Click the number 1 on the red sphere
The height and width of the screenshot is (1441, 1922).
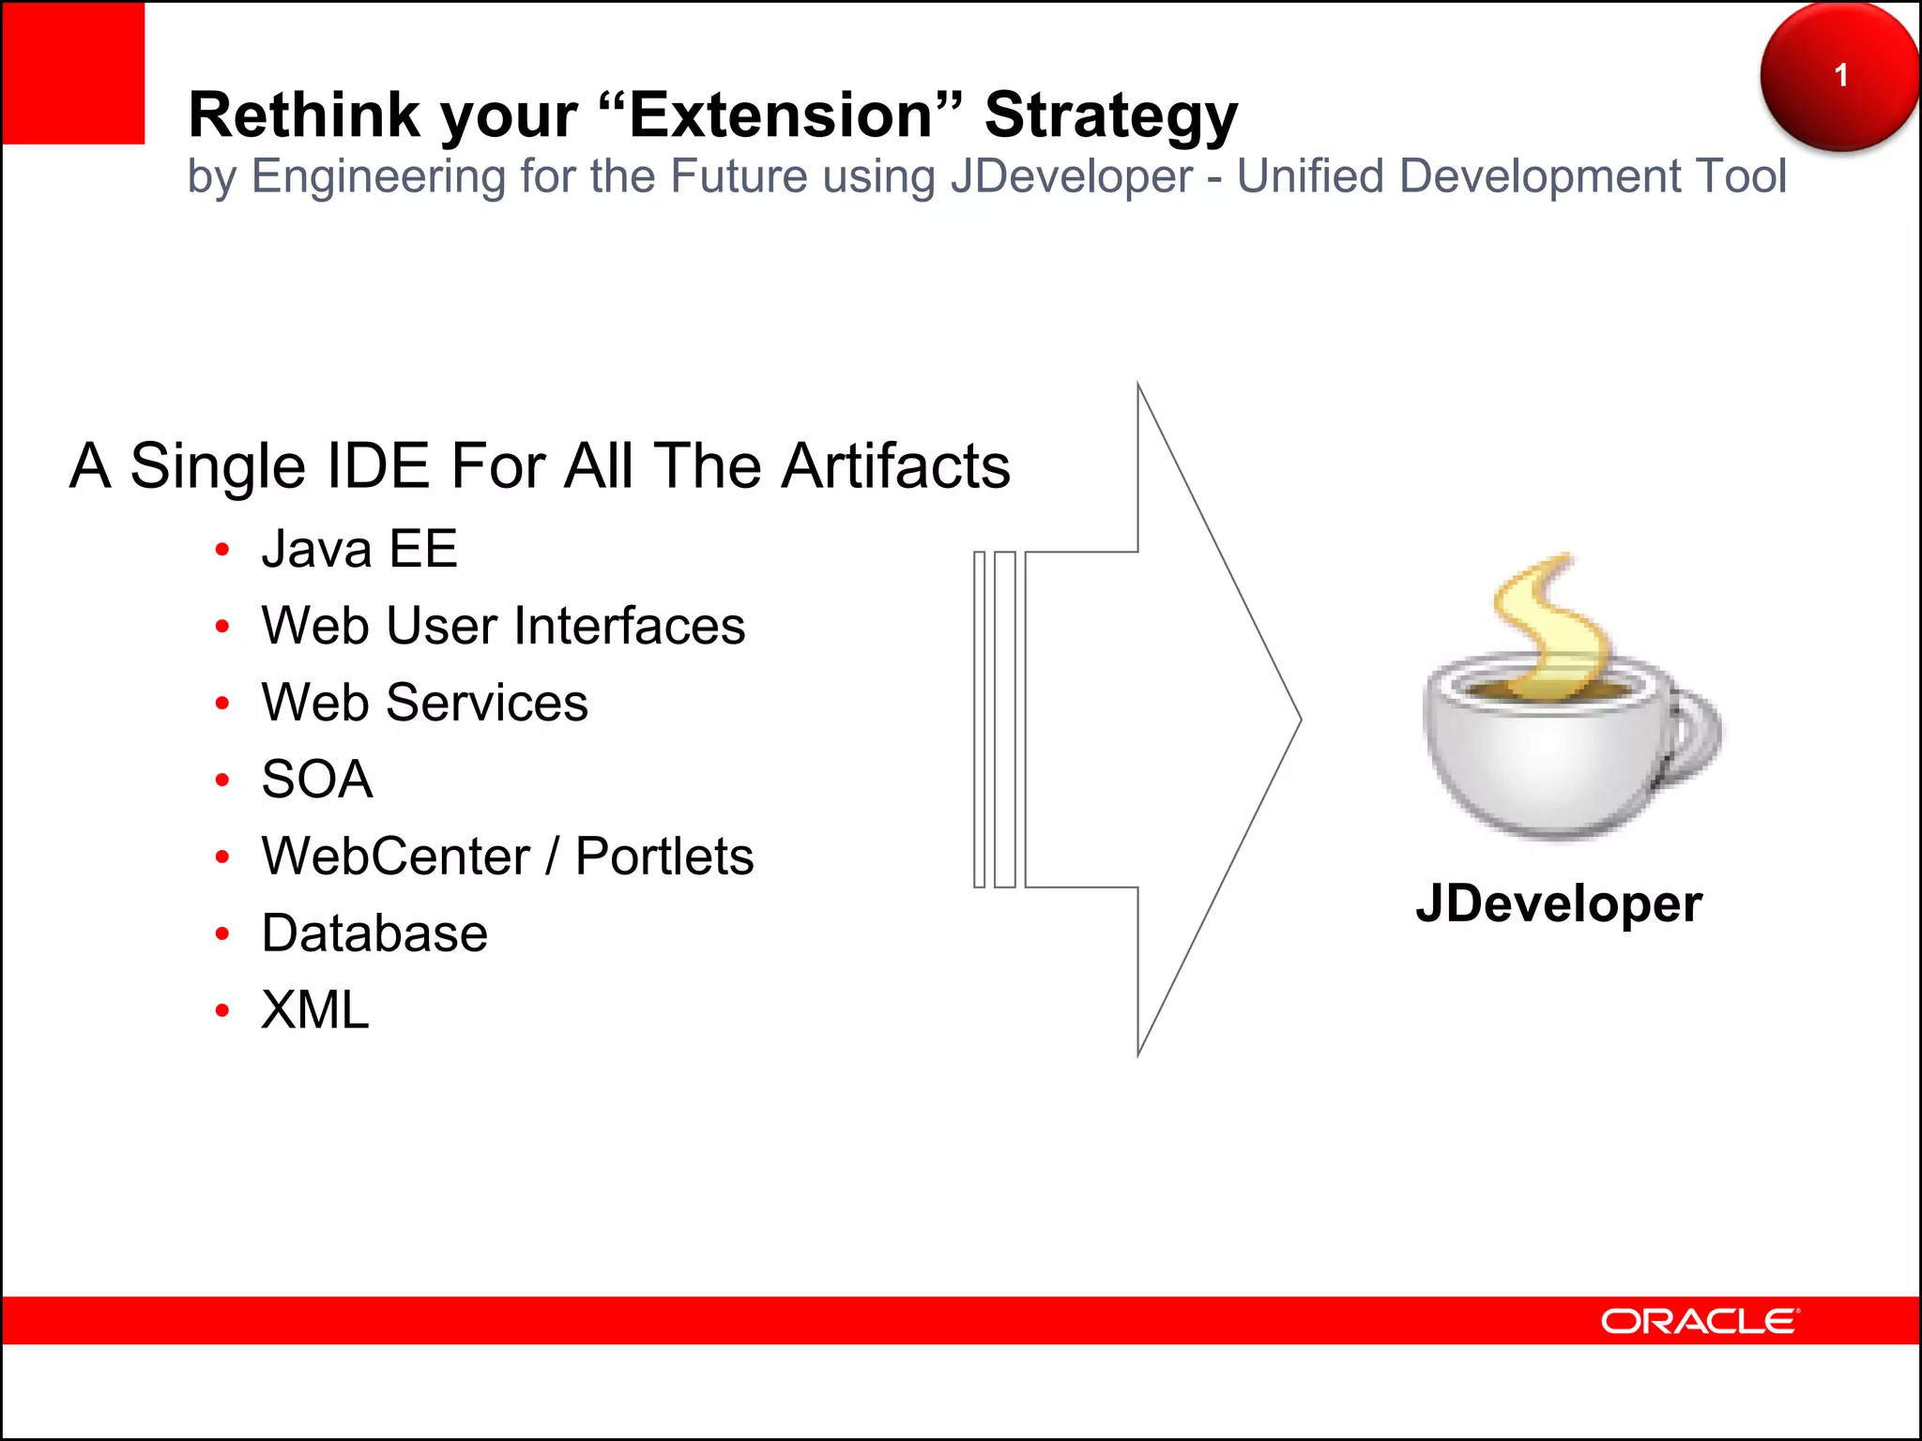coord(1840,75)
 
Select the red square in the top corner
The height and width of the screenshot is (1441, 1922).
coord(73,73)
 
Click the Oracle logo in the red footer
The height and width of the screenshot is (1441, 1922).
coord(1700,1321)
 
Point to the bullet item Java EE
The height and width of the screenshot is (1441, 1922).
coord(359,549)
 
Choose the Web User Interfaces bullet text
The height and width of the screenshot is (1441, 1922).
coord(503,626)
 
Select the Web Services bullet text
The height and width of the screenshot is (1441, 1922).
coord(424,703)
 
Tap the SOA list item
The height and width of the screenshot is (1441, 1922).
coord(317,780)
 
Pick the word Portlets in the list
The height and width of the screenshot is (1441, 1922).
coord(664,857)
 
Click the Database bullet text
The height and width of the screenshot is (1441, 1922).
coord(374,933)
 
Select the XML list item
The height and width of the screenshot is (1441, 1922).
coord(315,1010)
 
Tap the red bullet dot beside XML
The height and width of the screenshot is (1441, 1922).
coord(222,1010)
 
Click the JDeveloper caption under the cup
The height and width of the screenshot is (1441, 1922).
coord(1559,904)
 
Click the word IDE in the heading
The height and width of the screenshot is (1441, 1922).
coord(375,466)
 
